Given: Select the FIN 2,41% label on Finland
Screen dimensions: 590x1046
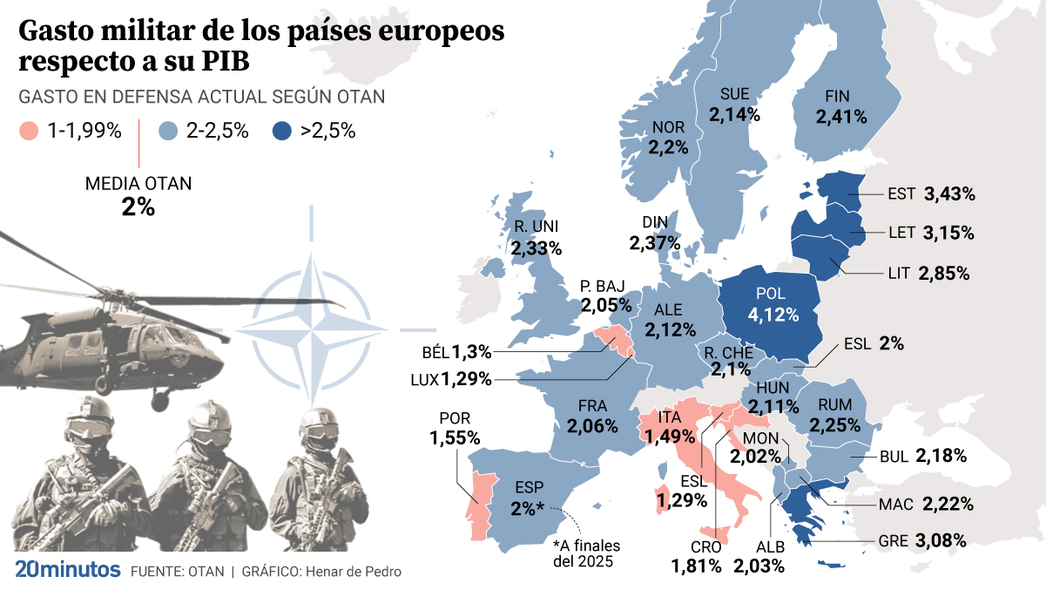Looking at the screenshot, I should (840, 106).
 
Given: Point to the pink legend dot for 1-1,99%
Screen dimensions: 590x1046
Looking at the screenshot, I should (29, 132).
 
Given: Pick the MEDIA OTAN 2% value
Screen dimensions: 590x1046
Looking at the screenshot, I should (138, 207).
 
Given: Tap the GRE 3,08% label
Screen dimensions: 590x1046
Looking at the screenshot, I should (930, 540).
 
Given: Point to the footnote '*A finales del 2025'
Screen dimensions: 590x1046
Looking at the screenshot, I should (588, 553).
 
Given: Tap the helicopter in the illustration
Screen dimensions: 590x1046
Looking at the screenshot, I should (105, 331).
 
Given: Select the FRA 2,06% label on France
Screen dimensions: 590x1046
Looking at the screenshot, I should (591, 417).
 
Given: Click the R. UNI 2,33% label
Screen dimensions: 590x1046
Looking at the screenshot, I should (536, 238).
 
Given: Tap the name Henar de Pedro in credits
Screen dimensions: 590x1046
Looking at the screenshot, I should (349, 572).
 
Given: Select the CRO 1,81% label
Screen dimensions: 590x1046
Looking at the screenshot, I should (696, 555).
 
